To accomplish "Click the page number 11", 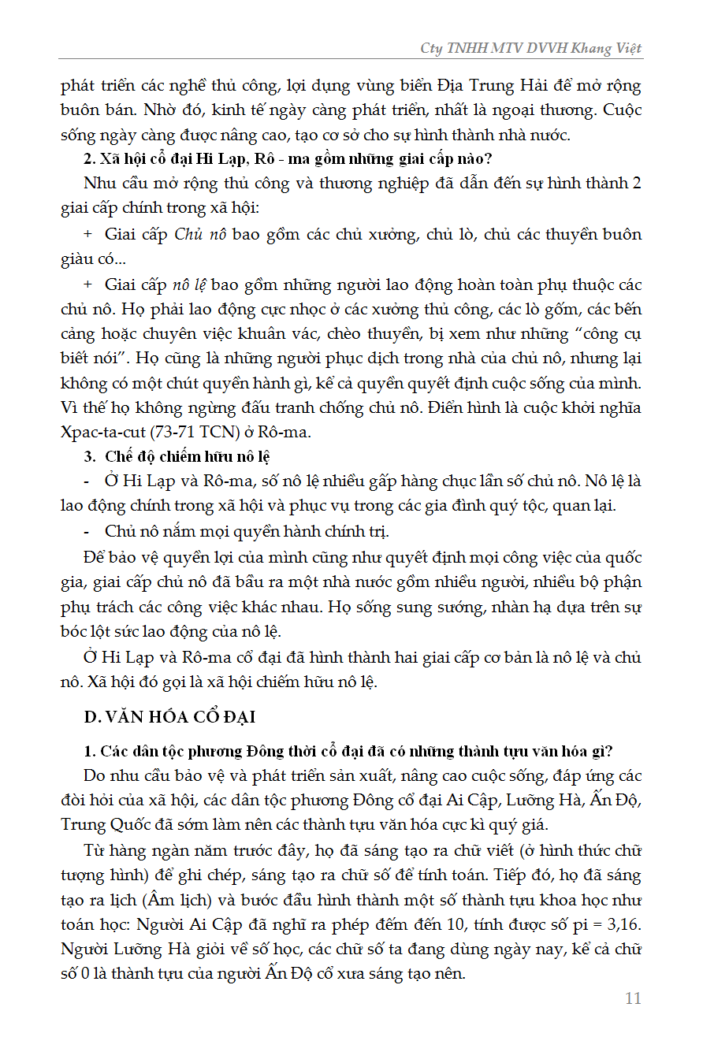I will coord(633,998).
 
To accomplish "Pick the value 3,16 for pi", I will coord(623,924).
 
